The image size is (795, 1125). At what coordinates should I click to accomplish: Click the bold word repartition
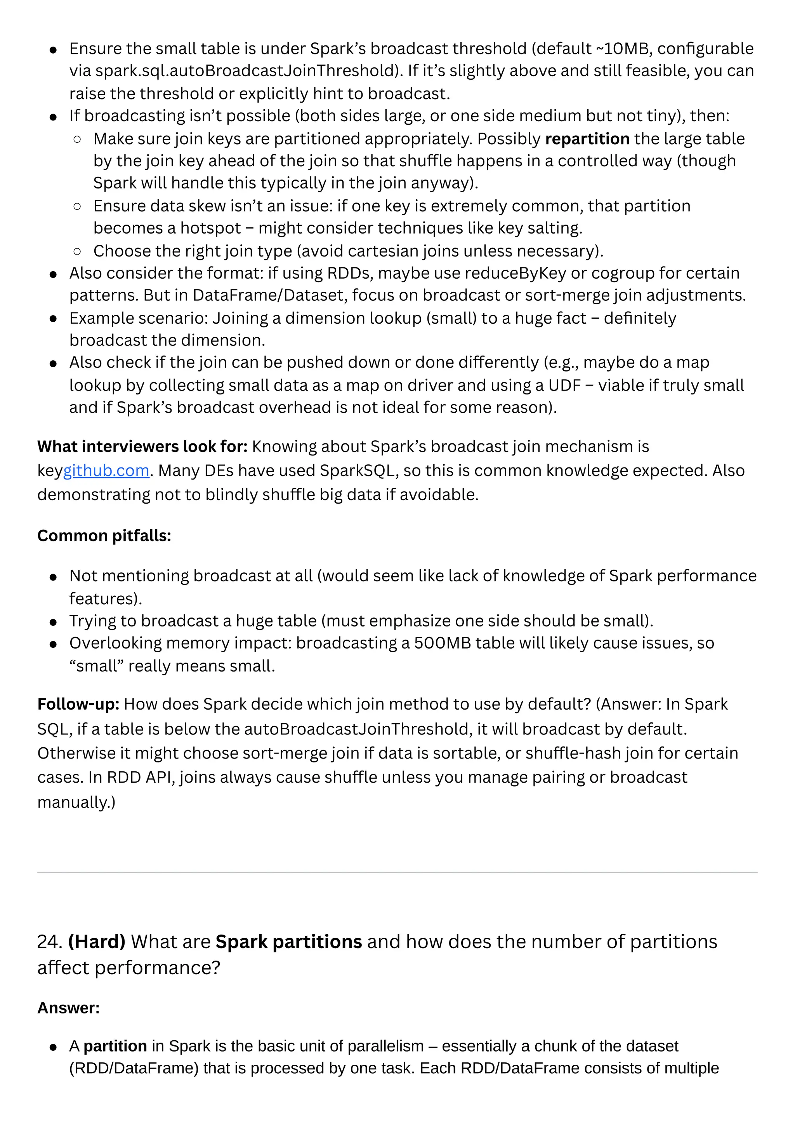(x=587, y=139)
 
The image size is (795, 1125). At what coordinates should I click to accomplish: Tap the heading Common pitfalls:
(x=104, y=535)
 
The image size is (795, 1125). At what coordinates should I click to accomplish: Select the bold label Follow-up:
(x=78, y=704)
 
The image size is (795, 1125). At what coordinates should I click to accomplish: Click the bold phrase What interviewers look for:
(x=142, y=447)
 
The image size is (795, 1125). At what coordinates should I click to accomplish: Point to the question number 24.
(x=49, y=942)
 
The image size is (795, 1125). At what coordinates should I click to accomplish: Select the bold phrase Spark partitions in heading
(x=288, y=942)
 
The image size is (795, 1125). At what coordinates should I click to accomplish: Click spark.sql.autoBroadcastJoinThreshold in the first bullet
(x=245, y=71)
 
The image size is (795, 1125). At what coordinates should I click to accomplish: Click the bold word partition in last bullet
(x=115, y=1046)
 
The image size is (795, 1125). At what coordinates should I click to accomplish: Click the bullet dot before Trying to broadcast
(x=53, y=622)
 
